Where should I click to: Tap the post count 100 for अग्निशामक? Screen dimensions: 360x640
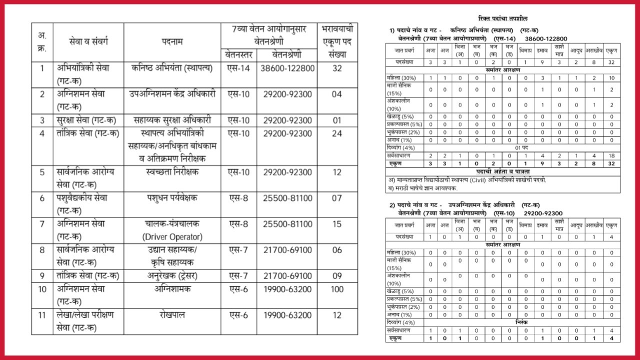(x=337, y=289)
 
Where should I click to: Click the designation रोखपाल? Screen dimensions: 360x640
(x=172, y=315)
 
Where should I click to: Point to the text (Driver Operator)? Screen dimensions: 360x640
(x=172, y=237)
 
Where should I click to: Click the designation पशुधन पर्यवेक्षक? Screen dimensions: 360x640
(x=172, y=198)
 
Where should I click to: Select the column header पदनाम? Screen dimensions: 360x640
(x=172, y=42)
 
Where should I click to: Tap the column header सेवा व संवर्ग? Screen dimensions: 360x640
(x=88, y=42)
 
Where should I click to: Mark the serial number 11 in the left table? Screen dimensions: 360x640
(x=42, y=315)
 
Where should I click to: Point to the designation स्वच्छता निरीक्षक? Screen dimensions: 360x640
(x=172, y=172)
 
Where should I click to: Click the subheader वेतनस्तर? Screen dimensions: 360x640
(x=239, y=54)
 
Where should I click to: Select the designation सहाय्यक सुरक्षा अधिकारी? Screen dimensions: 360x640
(x=172, y=120)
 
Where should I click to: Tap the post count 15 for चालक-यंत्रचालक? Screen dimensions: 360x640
(x=337, y=224)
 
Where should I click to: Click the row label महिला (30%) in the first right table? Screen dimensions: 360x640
(x=401, y=77)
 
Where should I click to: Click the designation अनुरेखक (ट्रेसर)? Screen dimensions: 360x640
(x=172, y=276)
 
